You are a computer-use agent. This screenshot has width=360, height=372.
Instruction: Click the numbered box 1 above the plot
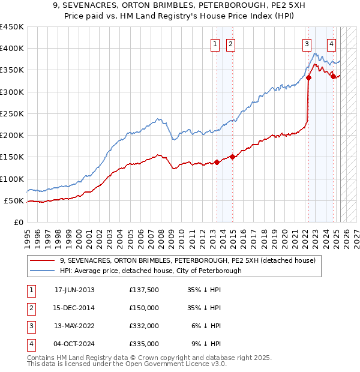(x=215, y=43)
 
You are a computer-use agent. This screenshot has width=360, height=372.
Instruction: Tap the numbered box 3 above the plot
(x=307, y=43)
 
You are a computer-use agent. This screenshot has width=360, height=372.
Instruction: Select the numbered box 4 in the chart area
(x=331, y=43)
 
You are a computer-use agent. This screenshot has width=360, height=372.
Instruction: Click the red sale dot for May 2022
(x=308, y=77)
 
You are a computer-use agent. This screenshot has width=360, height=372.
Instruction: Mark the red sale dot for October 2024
(x=333, y=76)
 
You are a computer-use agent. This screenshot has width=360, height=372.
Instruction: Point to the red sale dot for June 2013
(x=217, y=162)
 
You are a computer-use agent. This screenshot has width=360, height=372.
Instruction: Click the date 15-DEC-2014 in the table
(x=74, y=308)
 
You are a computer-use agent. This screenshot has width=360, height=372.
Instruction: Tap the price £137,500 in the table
(x=144, y=290)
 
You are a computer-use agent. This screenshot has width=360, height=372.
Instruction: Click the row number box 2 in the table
(x=29, y=308)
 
